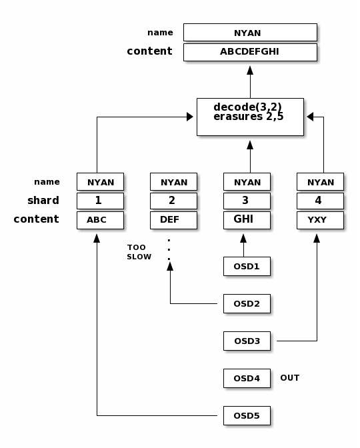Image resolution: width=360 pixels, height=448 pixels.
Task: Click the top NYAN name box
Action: (x=250, y=33)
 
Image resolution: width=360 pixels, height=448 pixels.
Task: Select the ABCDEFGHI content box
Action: (x=250, y=52)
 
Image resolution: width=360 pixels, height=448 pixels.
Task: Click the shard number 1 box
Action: (x=100, y=201)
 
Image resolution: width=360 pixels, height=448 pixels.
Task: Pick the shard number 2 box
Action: (x=174, y=201)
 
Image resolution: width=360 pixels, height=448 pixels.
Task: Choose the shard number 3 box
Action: (x=247, y=201)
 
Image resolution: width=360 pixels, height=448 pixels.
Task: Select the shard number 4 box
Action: (x=320, y=201)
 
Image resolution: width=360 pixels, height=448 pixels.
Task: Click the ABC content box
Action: (x=100, y=220)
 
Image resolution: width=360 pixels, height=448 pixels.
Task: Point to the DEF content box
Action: (x=174, y=220)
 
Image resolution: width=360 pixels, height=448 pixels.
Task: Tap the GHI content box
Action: (x=247, y=220)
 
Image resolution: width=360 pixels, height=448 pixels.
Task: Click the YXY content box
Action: (x=320, y=220)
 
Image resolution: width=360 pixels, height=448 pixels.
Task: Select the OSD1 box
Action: (x=247, y=266)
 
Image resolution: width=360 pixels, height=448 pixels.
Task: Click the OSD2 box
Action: (x=247, y=304)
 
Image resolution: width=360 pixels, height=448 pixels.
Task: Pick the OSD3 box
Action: (x=247, y=341)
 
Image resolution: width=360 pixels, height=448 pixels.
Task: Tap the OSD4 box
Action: (x=247, y=378)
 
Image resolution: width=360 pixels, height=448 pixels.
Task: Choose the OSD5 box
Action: (x=247, y=416)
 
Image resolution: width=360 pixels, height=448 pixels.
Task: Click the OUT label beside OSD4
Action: (x=290, y=378)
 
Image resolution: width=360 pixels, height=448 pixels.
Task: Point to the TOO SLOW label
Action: (x=139, y=252)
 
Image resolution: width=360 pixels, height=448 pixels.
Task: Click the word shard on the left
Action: (x=43, y=200)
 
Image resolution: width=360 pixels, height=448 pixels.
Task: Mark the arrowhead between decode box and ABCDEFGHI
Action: (x=250, y=70)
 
